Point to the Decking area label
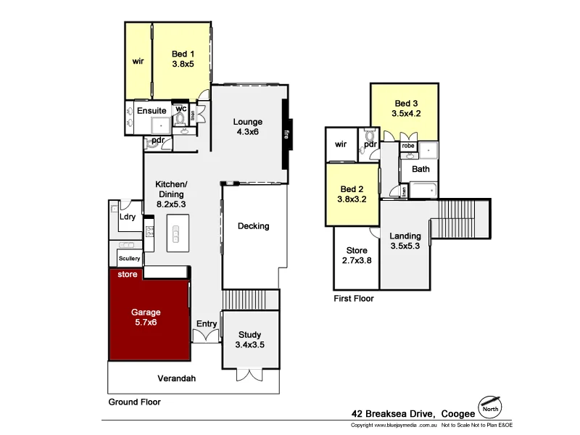[x=253, y=226]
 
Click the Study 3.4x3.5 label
[x=250, y=339]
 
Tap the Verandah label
[x=178, y=378]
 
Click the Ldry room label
[x=128, y=217]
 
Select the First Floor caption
[x=353, y=298]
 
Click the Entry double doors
[x=206, y=336]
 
